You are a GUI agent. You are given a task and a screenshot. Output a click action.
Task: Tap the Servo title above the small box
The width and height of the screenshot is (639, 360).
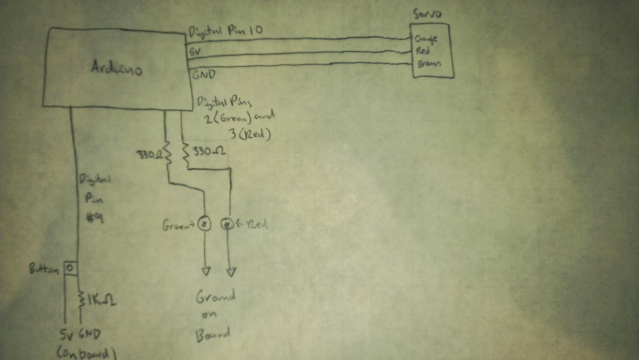point(427,14)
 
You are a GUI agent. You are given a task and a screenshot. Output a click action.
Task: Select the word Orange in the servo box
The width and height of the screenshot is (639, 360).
point(426,39)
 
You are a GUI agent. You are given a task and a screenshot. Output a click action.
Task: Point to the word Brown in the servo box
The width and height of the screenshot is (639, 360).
point(429,63)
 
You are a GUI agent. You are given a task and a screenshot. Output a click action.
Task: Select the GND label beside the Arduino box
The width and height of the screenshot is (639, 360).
point(204,74)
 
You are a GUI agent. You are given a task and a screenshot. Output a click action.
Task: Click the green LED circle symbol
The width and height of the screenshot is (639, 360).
point(204,224)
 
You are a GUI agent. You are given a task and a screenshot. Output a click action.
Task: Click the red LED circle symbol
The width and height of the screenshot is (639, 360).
point(227,224)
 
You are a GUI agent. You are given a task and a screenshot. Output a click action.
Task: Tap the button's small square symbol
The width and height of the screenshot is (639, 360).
point(70,268)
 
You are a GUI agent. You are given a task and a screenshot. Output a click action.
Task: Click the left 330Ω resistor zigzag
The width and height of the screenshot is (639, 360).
point(168,153)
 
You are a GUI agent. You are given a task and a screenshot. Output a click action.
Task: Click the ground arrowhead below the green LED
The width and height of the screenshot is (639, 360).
point(205,271)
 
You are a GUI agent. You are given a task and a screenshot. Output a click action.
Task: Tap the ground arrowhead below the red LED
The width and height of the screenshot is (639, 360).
point(231,272)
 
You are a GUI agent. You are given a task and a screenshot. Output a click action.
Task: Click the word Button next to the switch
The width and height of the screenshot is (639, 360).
point(44,269)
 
